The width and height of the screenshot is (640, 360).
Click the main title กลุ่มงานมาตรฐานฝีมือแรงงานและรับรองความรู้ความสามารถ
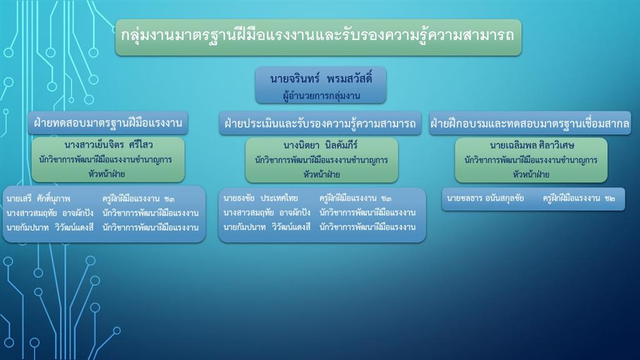pos(317,36)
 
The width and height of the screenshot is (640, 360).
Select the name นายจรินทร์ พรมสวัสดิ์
pos(321,78)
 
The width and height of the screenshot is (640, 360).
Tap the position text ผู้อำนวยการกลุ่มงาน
pos(321,96)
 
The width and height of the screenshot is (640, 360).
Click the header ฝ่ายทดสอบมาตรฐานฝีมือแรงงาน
pos(107,123)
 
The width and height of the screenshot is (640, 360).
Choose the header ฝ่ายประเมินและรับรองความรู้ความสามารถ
pos(320,123)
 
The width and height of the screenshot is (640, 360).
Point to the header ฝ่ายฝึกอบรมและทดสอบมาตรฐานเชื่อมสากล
pos(530,123)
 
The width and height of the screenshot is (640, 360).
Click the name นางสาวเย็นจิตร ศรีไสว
pos(109,145)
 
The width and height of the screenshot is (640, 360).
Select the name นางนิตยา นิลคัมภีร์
pos(321,145)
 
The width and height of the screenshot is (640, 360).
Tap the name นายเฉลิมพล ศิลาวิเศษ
pos(532,145)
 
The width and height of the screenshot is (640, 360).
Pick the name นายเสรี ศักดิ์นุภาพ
pos(38,199)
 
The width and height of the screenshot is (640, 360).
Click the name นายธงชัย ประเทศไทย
pos(261,198)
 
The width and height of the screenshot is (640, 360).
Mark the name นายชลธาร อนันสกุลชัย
pos(485,198)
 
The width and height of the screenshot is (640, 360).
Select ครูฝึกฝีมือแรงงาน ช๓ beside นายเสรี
pos(138,199)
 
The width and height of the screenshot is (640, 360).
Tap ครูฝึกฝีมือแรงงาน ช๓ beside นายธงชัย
pos(355,198)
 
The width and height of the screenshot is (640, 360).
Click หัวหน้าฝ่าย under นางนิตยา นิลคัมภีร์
pos(322,175)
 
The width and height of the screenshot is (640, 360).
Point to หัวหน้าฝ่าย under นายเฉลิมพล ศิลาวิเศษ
pos(531,175)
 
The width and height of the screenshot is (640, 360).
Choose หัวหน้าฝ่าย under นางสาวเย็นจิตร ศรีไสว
pos(107,174)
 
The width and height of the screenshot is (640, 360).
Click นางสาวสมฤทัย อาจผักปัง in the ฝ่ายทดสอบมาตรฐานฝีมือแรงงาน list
pos(50,213)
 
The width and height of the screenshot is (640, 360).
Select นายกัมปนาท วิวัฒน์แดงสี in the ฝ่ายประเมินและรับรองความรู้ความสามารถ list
pos(267,227)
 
